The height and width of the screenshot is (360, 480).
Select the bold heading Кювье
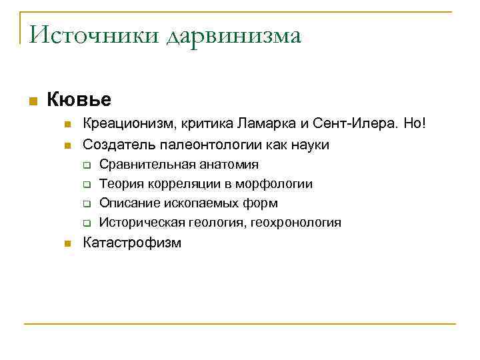pyautogui.click(x=79, y=100)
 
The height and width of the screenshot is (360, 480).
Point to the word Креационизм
pyautogui.click(x=123, y=125)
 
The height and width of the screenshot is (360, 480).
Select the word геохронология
pyautogui.click(x=294, y=223)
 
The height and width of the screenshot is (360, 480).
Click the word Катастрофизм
pyautogui.click(x=131, y=243)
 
